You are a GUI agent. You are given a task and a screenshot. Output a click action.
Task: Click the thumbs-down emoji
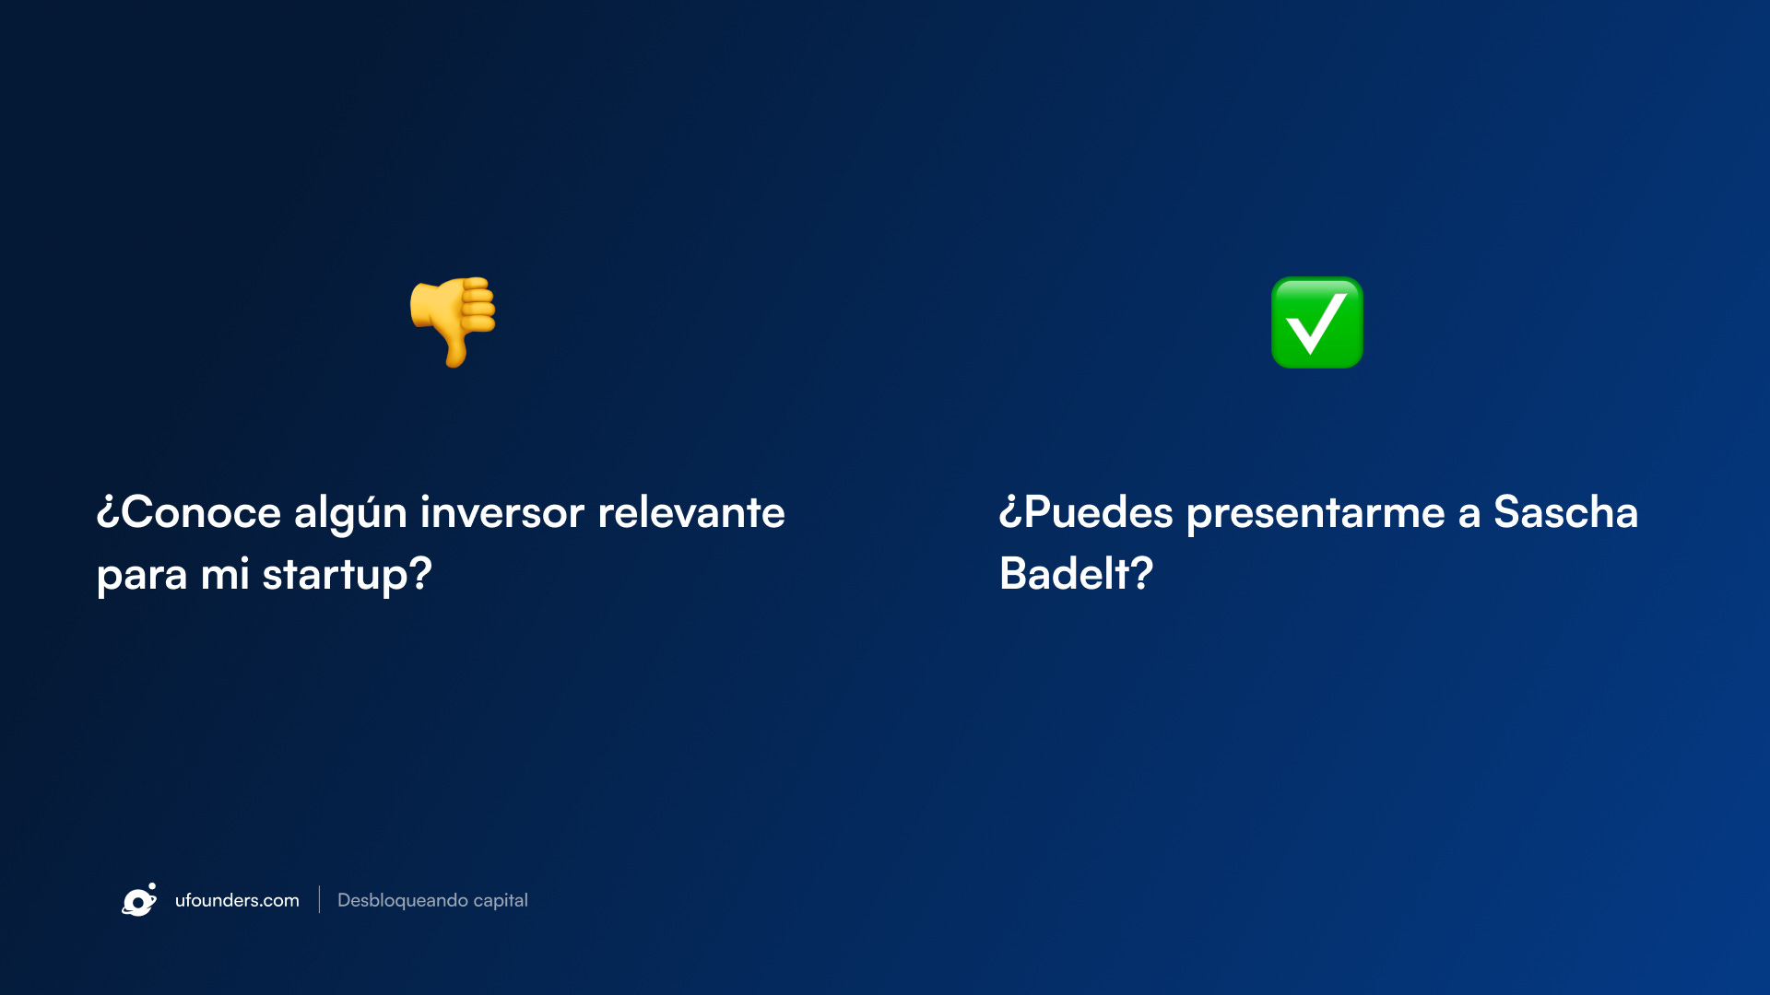pyautogui.click(x=453, y=322)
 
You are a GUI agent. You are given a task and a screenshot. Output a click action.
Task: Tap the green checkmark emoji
pyautogui.click(x=1316, y=322)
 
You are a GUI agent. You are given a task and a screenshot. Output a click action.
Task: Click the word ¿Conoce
pyautogui.click(x=188, y=512)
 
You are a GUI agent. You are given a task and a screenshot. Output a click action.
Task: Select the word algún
pyautogui.click(x=350, y=513)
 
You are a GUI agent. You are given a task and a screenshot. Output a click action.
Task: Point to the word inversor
pyautogui.click(x=502, y=512)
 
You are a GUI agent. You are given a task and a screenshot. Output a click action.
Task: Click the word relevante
pyautogui.click(x=691, y=512)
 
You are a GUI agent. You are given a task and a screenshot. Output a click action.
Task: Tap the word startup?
pyautogui.click(x=348, y=575)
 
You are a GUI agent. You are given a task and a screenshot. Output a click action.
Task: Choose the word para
pyautogui.click(x=142, y=578)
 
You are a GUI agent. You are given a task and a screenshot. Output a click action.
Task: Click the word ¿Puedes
pyautogui.click(x=1086, y=512)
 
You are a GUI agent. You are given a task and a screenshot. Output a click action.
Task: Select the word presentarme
pyautogui.click(x=1316, y=514)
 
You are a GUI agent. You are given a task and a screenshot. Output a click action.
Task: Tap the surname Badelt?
pyautogui.click(x=1076, y=573)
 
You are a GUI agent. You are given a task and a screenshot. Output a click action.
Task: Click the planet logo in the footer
pyautogui.click(x=139, y=900)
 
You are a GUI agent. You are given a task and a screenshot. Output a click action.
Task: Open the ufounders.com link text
pyautogui.click(x=237, y=900)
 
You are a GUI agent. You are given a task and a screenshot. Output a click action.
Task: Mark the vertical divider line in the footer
pyautogui.click(x=319, y=899)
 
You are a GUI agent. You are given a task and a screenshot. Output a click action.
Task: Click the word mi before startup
pyautogui.click(x=225, y=575)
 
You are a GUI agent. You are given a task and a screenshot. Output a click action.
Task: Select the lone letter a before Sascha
pyautogui.click(x=1469, y=516)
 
